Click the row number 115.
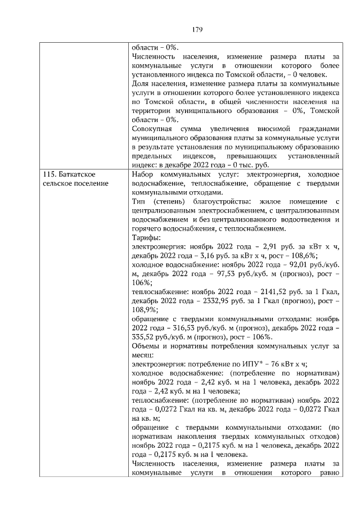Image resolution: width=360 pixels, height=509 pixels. [51, 175]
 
